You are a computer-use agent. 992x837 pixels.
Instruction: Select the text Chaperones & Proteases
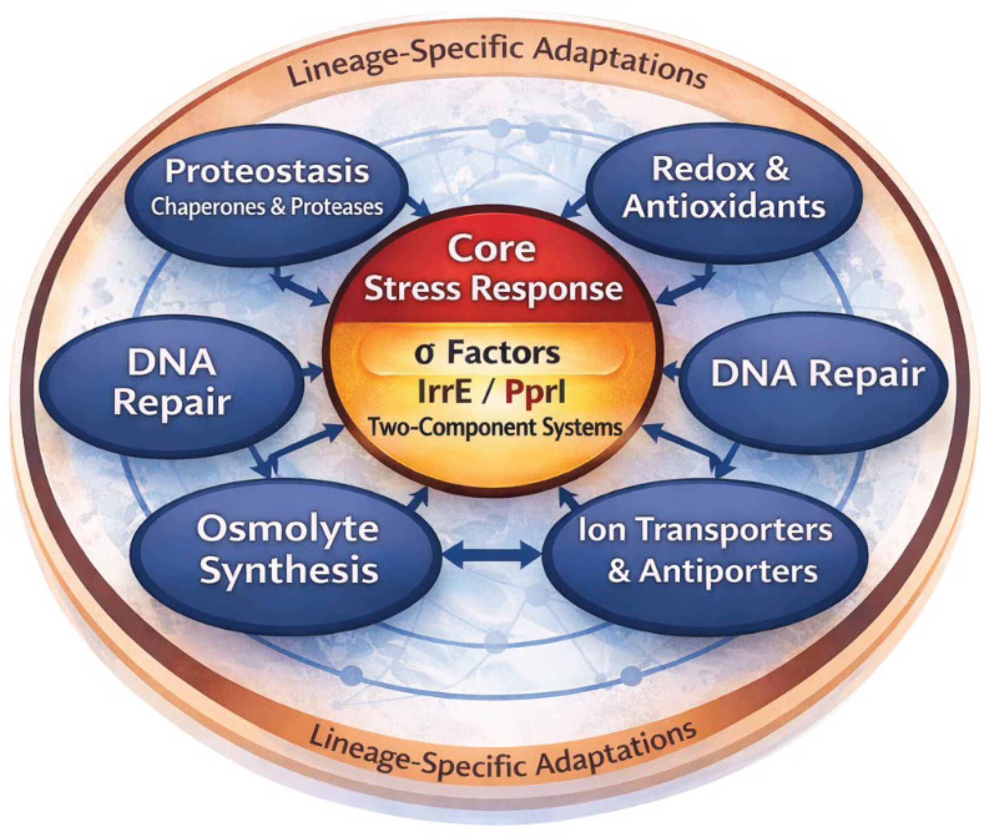[x=267, y=207]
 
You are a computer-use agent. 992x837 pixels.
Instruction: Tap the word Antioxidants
[x=724, y=207]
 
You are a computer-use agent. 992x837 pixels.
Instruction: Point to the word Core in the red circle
[x=492, y=248]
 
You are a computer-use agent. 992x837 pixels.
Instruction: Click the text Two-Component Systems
[x=495, y=428]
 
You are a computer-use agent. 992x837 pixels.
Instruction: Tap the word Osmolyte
[x=287, y=528]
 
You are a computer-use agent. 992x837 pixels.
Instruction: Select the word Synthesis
[x=289, y=571]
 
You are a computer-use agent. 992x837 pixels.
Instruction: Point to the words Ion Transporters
[x=705, y=530]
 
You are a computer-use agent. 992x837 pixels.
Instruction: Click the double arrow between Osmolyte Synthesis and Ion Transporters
[x=491, y=554]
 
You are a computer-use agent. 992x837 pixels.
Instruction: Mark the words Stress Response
[x=493, y=289]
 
